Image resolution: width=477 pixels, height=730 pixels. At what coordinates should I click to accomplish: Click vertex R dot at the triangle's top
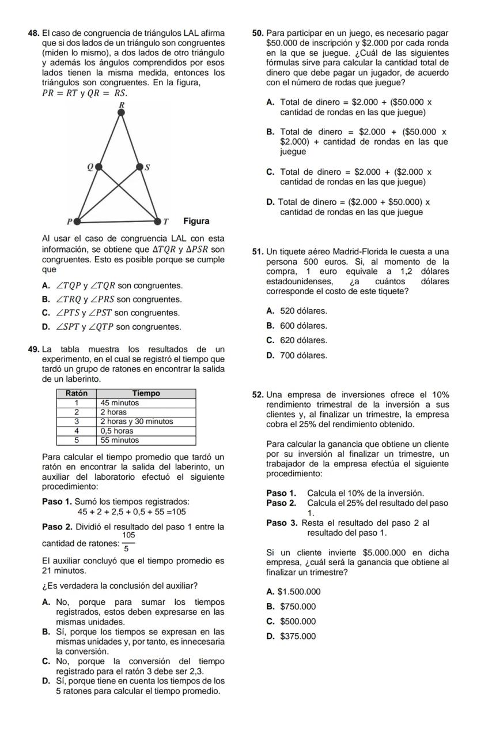(121, 112)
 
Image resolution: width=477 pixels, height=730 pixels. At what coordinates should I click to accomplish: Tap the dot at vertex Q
(99, 167)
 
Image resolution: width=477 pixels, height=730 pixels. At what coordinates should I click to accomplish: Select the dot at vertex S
(139, 167)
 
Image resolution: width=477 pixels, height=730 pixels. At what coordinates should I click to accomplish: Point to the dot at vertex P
(75, 221)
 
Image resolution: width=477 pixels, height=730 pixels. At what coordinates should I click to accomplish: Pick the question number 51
(258, 251)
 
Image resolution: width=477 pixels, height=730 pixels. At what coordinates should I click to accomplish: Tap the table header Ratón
(76, 393)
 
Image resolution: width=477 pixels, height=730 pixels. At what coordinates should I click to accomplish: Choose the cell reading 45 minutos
(119, 402)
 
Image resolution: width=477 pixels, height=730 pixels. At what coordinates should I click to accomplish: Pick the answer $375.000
(298, 636)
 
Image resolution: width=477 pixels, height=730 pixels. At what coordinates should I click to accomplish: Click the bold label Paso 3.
(282, 522)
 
